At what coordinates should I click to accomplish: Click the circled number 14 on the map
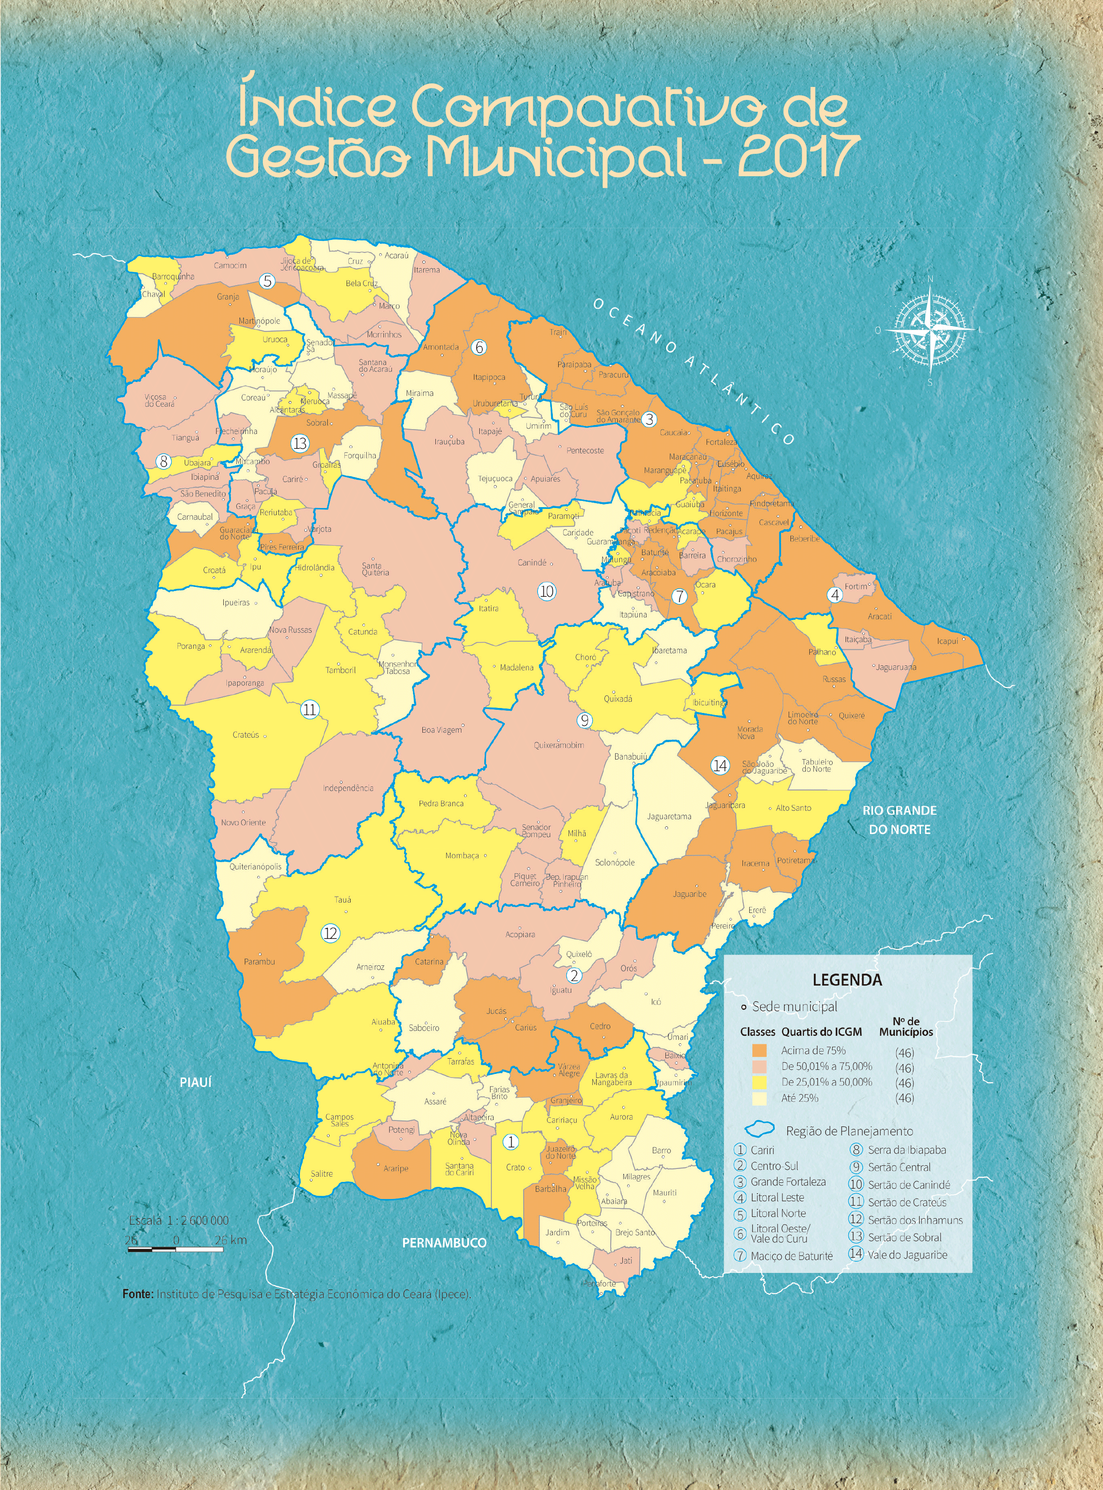(x=720, y=766)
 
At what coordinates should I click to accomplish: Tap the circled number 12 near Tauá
(x=330, y=933)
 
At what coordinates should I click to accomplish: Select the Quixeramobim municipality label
(x=559, y=745)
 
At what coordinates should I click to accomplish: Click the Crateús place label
(x=246, y=734)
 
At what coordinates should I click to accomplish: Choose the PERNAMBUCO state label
(x=444, y=1242)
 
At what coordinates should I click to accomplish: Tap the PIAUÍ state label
(x=195, y=1082)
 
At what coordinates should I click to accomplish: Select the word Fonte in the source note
(x=138, y=1294)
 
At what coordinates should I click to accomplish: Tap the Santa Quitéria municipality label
(x=375, y=569)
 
